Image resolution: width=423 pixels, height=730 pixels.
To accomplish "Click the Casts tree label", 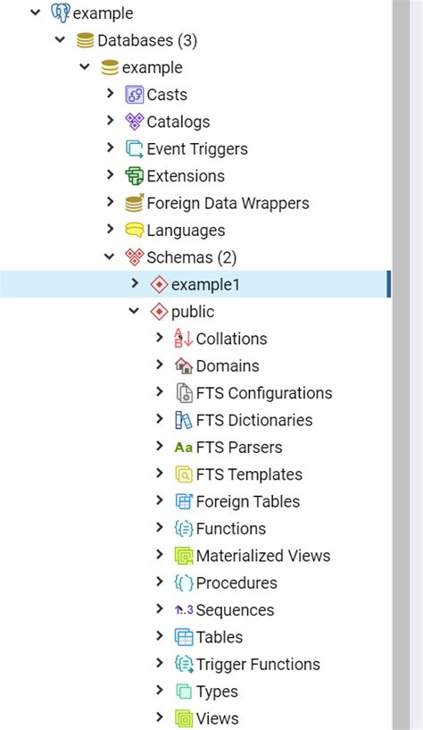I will click(167, 95).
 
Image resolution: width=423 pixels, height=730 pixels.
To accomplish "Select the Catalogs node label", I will click(178, 122).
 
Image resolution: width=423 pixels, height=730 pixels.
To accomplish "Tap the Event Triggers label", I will click(197, 149).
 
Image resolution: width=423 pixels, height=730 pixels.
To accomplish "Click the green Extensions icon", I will click(135, 176).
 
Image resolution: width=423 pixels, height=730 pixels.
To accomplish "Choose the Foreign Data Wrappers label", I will click(228, 204).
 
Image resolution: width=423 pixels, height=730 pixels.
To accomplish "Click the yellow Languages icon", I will click(135, 231).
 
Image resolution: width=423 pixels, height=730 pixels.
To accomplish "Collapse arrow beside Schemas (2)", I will click(110, 257).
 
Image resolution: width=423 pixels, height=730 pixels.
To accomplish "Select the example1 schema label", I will click(205, 285).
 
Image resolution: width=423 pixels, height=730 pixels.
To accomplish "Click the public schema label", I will click(193, 312).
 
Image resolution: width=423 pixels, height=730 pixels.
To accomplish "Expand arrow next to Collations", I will click(160, 339).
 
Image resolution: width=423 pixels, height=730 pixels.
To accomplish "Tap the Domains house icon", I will click(184, 366).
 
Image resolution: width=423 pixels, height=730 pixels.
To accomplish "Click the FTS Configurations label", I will click(264, 393).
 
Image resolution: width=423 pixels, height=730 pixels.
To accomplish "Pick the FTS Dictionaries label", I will click(254, 420).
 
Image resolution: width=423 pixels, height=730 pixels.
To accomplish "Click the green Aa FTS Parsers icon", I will click(184, 448).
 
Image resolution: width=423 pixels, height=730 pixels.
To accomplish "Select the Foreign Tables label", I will click(248, 502).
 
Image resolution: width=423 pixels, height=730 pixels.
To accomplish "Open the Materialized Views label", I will click(263, 556).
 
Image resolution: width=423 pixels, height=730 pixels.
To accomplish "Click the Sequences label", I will click(235, 610).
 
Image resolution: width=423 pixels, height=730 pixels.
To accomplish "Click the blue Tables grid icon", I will click(184, 637).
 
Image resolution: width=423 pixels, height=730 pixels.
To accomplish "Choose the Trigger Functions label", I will click(258, 665).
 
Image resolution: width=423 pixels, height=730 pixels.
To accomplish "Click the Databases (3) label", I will click(147, 40).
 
